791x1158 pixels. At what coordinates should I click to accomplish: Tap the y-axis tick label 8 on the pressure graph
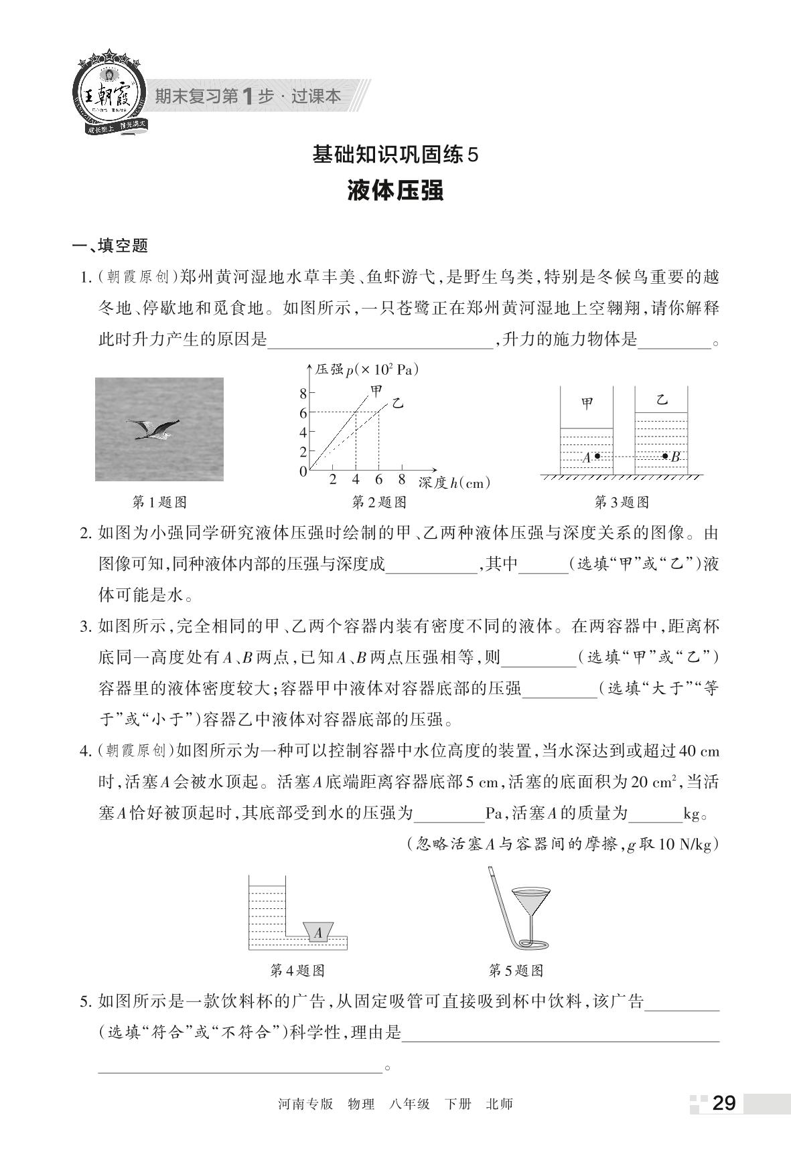pyautogui.click(x=303, y=393)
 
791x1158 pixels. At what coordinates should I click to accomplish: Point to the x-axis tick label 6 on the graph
pyautogui.click(x=378, y=480)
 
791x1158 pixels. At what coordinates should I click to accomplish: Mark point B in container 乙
pyautogui.click(x=665, y=457)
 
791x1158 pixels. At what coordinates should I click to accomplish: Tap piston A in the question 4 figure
pyautogui.click(x=318, y=932)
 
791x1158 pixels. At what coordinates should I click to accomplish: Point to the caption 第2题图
pyautogui.click(x=379, y=502)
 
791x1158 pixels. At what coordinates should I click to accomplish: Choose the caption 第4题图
pyautogui.click(x=297, y=970)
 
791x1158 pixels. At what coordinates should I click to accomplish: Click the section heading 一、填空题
pyautogui.click(x=111, y=246)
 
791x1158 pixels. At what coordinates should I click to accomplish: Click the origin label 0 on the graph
pyautogui.click(x=303, y=472)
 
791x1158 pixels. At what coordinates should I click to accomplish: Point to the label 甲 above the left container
pyautogui.click(x=587, y=404)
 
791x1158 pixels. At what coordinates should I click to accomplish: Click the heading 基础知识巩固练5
pyautogui.click(x=396, y=155)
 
